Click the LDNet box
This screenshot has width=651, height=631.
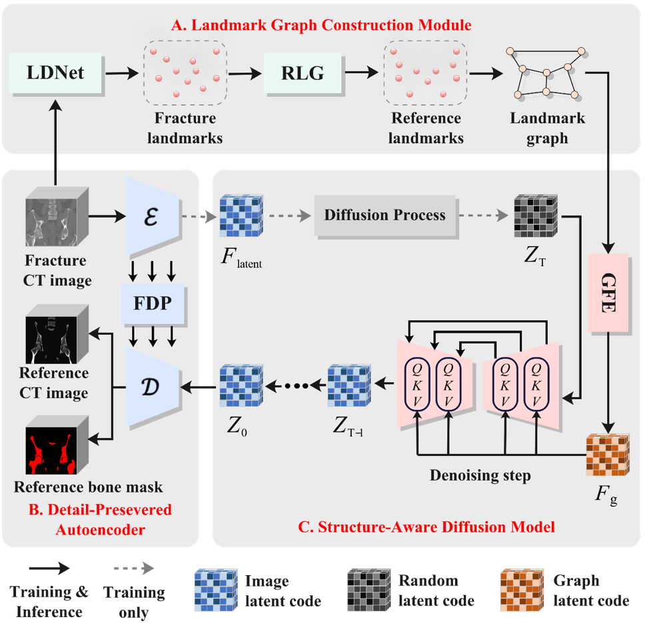[x=55, y=72]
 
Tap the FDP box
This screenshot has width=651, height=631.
[x=153, y=303]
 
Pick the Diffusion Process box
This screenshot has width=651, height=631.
[x=384, y=215]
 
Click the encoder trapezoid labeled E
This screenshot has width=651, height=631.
[x=152, y=215]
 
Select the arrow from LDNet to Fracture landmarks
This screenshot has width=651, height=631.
[x=122, y=73]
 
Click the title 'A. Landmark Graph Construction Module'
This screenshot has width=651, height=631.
[x=321, y=25]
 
